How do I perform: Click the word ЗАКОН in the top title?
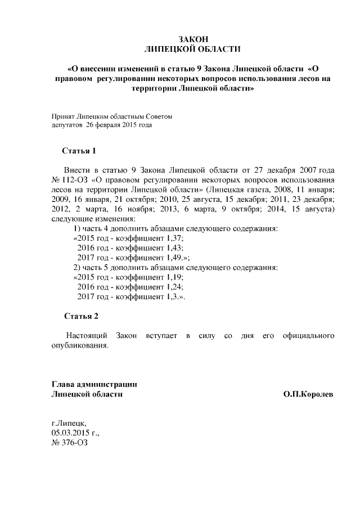(192, 39)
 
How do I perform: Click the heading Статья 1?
(82, 151)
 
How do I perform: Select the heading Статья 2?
(82, 316)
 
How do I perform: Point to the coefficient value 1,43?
(174, 247)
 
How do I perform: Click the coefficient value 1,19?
(174, 277)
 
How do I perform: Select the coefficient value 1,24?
(174, 286)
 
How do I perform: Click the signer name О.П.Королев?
(308, 395)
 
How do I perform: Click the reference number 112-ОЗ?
(74, 180)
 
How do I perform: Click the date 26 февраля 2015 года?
(118, 125)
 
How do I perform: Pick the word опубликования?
(79, 345)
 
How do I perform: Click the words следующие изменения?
(93, 218)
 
